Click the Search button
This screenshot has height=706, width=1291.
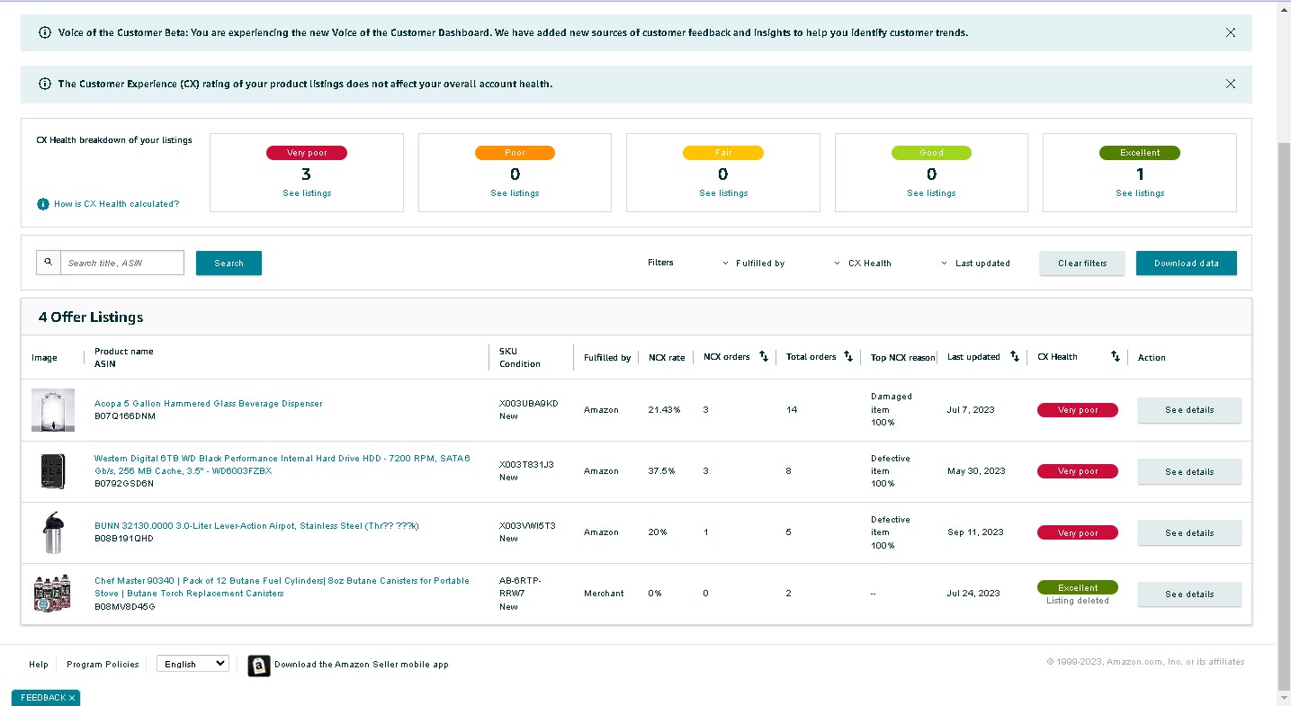click(229, 263)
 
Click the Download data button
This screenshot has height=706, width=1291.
click(1186, 263)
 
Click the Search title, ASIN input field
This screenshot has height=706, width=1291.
click(122, 263)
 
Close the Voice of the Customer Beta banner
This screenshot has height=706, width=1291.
click(1231, 33)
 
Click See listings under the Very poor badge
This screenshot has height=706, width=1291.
click(307, 193)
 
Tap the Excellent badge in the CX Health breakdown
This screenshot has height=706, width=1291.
click(1140, 153)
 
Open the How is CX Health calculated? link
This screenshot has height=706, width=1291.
click(116, 204)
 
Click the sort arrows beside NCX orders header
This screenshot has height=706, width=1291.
click(764, 356)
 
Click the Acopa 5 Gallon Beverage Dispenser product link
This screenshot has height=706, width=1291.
click(208, 404)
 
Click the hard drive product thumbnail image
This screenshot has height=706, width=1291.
click(53, 471)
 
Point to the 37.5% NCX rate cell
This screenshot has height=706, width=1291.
click(661, 471)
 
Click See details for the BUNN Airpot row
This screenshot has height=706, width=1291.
click(1189, 532)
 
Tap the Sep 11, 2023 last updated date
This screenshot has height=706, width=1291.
click(975, 532)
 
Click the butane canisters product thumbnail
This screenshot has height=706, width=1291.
click(52, 593)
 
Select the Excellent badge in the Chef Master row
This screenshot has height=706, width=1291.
click(1077, 587)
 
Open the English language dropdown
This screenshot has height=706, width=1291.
click(193, 664)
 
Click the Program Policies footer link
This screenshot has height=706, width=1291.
click(103, 664)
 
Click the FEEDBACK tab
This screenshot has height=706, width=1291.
click(46, 697)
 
